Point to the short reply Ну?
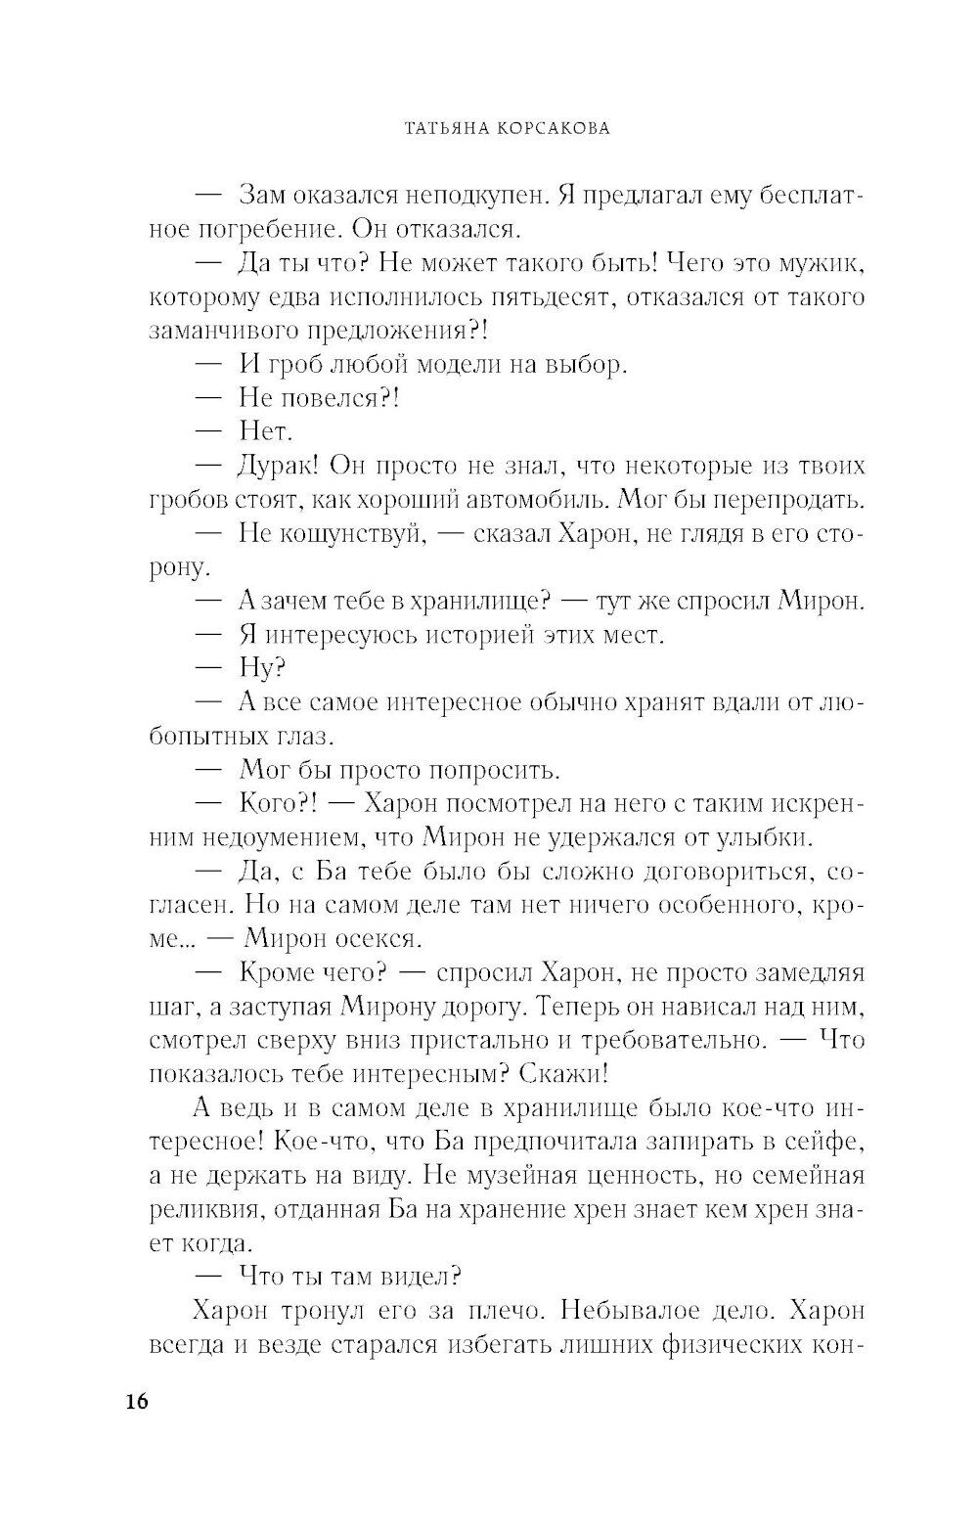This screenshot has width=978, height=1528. (x=261, y=669)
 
